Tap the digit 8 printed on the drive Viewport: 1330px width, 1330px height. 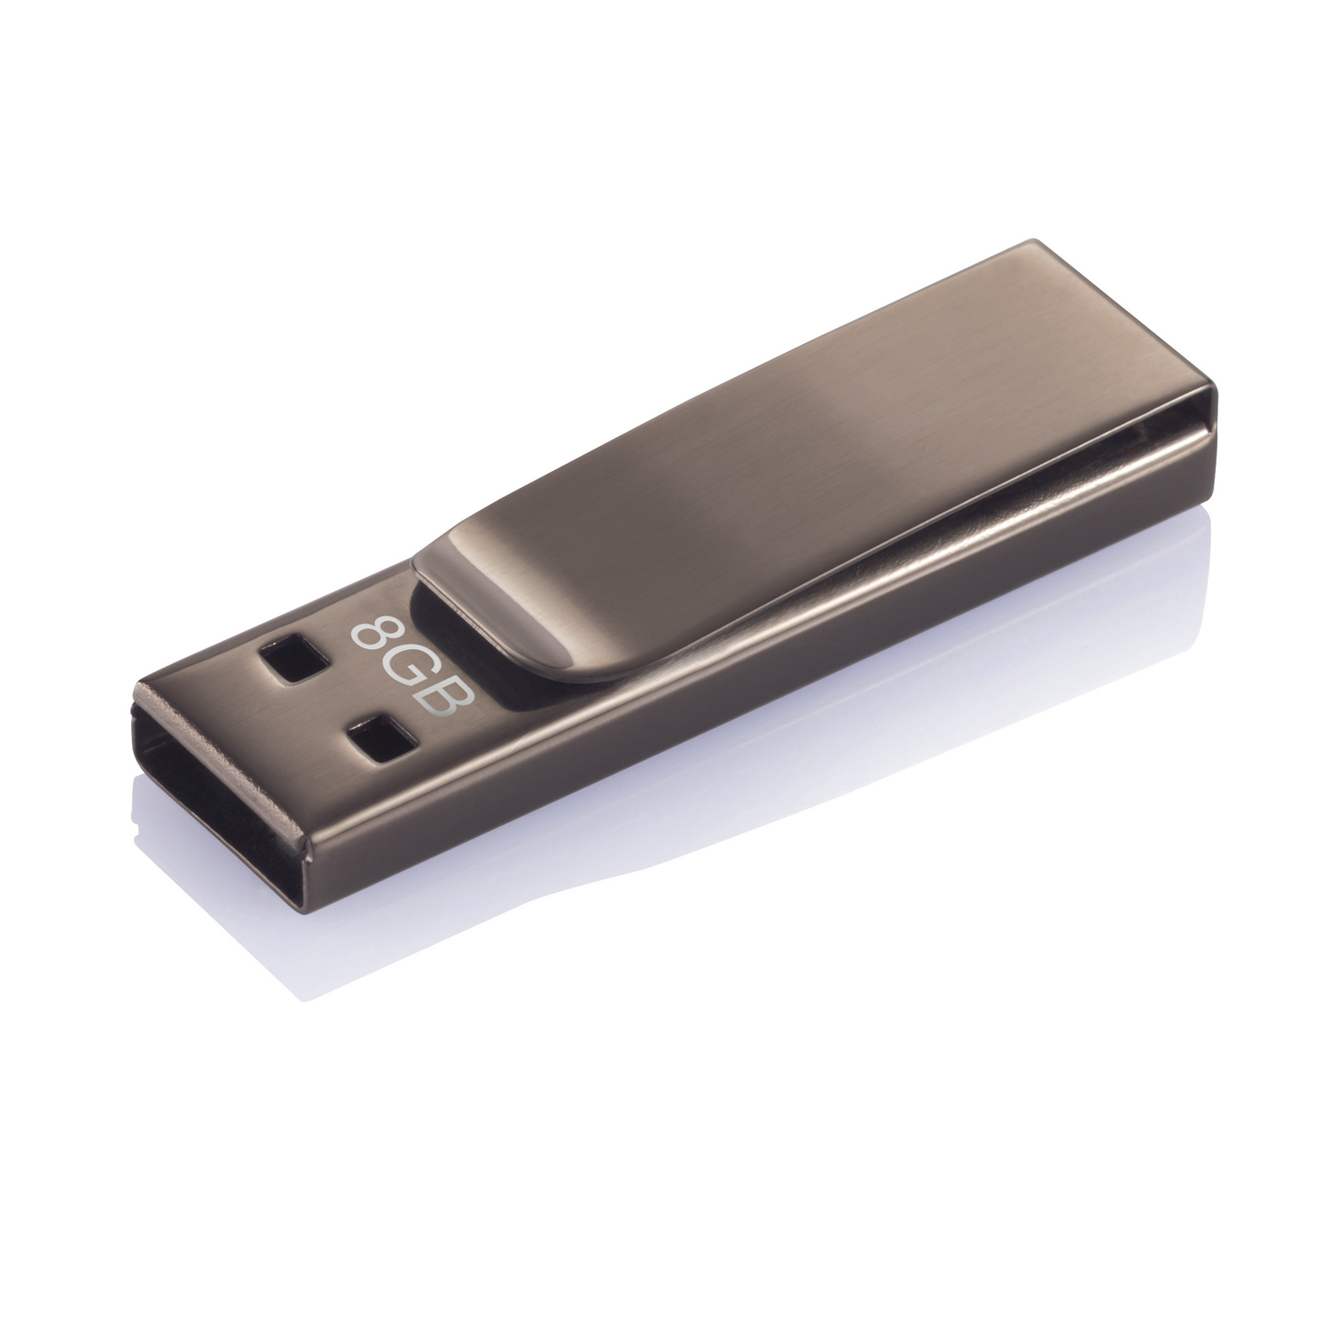(373, 632)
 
